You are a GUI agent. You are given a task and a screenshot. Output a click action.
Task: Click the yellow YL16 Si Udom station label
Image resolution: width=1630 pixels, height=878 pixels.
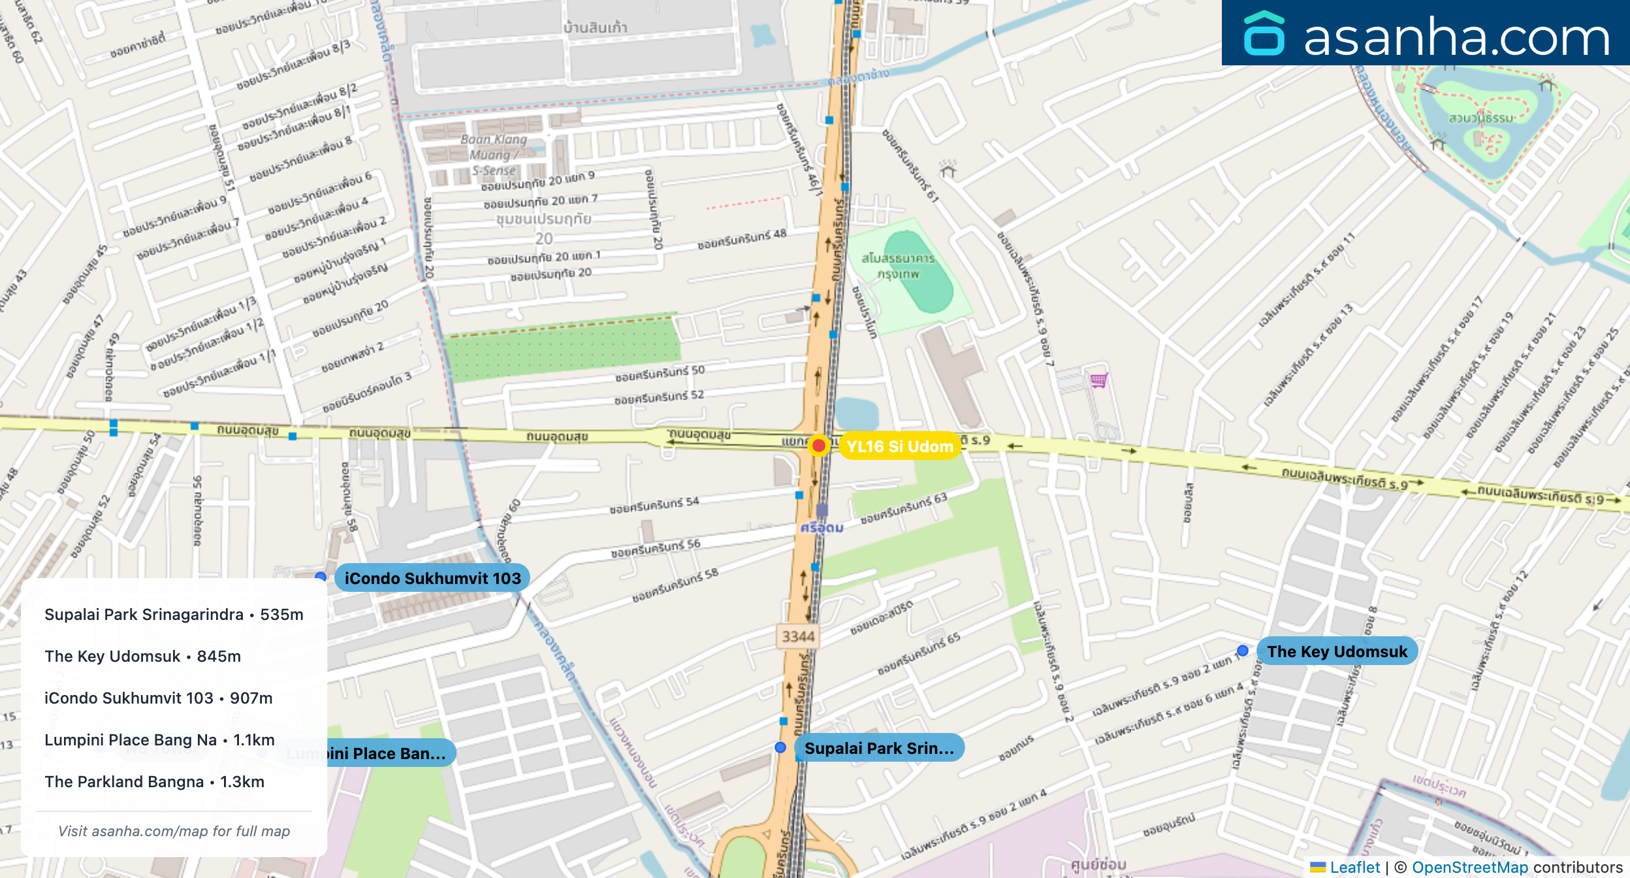coord(899,446)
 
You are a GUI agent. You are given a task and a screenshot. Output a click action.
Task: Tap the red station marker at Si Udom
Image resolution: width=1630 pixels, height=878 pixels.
coord(818,446)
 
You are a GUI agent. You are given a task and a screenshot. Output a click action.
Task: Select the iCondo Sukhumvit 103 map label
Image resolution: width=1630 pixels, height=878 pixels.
coord(432,578)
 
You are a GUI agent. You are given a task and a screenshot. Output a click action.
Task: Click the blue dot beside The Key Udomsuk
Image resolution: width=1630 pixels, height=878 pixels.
coord(1242,651)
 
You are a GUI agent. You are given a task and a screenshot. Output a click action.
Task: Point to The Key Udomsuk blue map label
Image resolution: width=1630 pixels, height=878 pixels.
coord(1337,651)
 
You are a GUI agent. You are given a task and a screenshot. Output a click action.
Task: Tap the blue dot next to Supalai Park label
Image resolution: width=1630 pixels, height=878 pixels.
coord(780,747)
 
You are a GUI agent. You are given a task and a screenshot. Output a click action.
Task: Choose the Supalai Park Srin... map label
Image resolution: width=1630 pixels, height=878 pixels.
coord(879,748)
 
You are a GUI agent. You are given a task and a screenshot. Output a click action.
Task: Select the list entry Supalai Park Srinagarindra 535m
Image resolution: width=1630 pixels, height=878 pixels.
coord(174,615)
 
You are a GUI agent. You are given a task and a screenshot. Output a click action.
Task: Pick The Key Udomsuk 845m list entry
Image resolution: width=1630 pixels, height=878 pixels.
coord(142,657)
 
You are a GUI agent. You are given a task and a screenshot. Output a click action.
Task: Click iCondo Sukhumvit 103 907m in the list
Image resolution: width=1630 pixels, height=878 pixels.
coord(158,698)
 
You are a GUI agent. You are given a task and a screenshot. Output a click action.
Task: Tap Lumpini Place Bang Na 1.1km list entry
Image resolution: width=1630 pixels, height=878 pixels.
coord(159,740)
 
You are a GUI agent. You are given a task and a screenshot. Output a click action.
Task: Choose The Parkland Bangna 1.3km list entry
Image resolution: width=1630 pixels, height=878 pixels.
coord(154,782)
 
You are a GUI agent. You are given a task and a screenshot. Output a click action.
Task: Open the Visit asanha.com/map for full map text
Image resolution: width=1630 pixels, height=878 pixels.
coord(174,831)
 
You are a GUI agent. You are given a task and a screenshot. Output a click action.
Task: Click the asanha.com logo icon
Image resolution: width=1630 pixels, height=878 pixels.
coord(1264,34)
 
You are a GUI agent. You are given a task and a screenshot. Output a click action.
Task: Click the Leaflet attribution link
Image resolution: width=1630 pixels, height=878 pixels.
coord(1354,868)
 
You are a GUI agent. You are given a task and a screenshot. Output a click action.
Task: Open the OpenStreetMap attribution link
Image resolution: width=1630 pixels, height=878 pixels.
coord(1469,868)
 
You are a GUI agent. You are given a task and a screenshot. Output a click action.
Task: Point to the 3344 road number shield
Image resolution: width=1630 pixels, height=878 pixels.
coord(798,636)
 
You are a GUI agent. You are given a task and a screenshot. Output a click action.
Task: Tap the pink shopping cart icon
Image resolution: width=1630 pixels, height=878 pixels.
coord(1098,380)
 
